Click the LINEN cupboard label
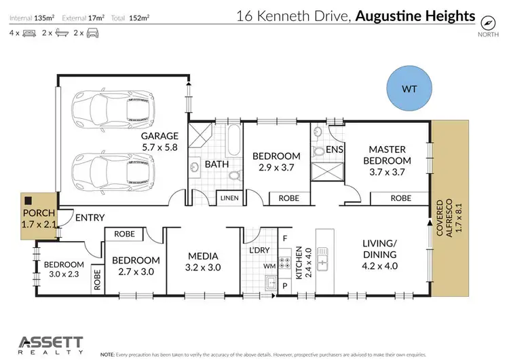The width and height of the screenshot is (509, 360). click(x=228, y=198)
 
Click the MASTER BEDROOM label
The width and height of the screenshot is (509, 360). click(x=390, y=155)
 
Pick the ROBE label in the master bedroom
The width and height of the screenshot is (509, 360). click(x=400, y=198)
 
